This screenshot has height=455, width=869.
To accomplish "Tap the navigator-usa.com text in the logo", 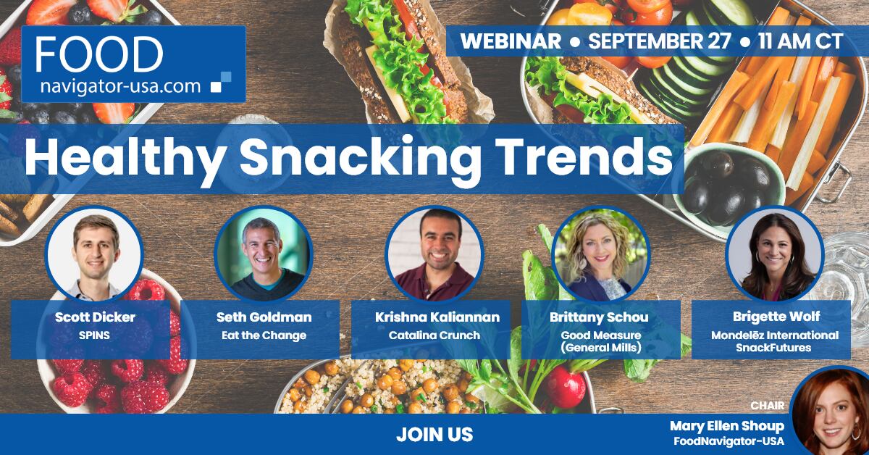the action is coord(120,85).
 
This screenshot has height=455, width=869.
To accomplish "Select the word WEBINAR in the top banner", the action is coord(511,41).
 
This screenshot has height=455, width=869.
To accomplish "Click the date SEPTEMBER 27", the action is coord(660,41).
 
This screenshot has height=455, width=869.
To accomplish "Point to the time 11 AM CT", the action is coord(801,41).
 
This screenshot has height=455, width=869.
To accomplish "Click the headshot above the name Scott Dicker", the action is coord(94,254).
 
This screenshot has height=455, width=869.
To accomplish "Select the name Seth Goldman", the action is coord(264,317).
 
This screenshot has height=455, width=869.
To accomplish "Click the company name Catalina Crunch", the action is coord(434,335).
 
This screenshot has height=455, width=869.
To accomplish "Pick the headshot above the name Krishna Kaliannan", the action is coord(434,254).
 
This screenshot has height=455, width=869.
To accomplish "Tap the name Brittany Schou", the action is coord(599,317).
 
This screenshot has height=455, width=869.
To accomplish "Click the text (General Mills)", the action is coord(601,348).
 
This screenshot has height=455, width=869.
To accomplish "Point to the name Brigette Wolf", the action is coord(776,317).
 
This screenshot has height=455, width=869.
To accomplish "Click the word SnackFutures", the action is coord(773,348).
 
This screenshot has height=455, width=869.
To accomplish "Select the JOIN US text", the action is coord(434,435).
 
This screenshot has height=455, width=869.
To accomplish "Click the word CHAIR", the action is coord(768,405).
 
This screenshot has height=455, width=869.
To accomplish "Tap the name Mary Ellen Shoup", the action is coord(727,426).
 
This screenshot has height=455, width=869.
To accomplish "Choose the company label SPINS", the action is coord(94,335).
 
